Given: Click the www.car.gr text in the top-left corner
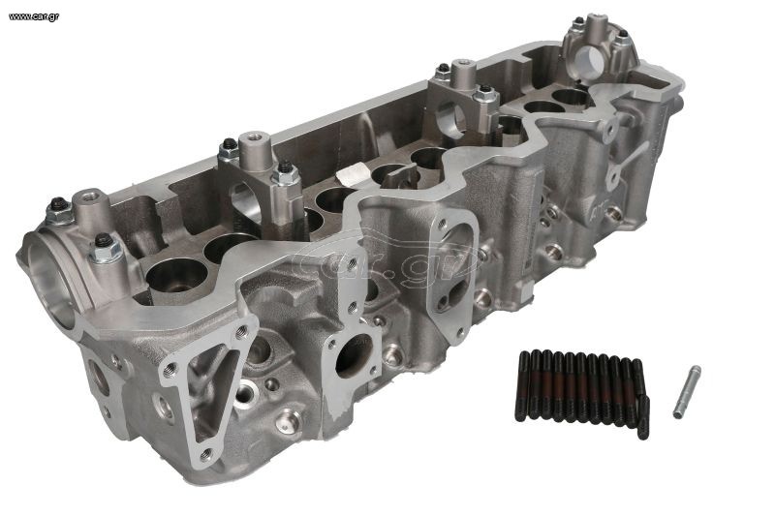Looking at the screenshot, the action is (x=34, y=16).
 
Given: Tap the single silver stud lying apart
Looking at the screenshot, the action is (x=687, y=391).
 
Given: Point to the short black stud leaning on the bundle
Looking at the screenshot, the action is (x=643, y=416).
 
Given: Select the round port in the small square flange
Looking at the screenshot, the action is (x=355, y=353).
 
